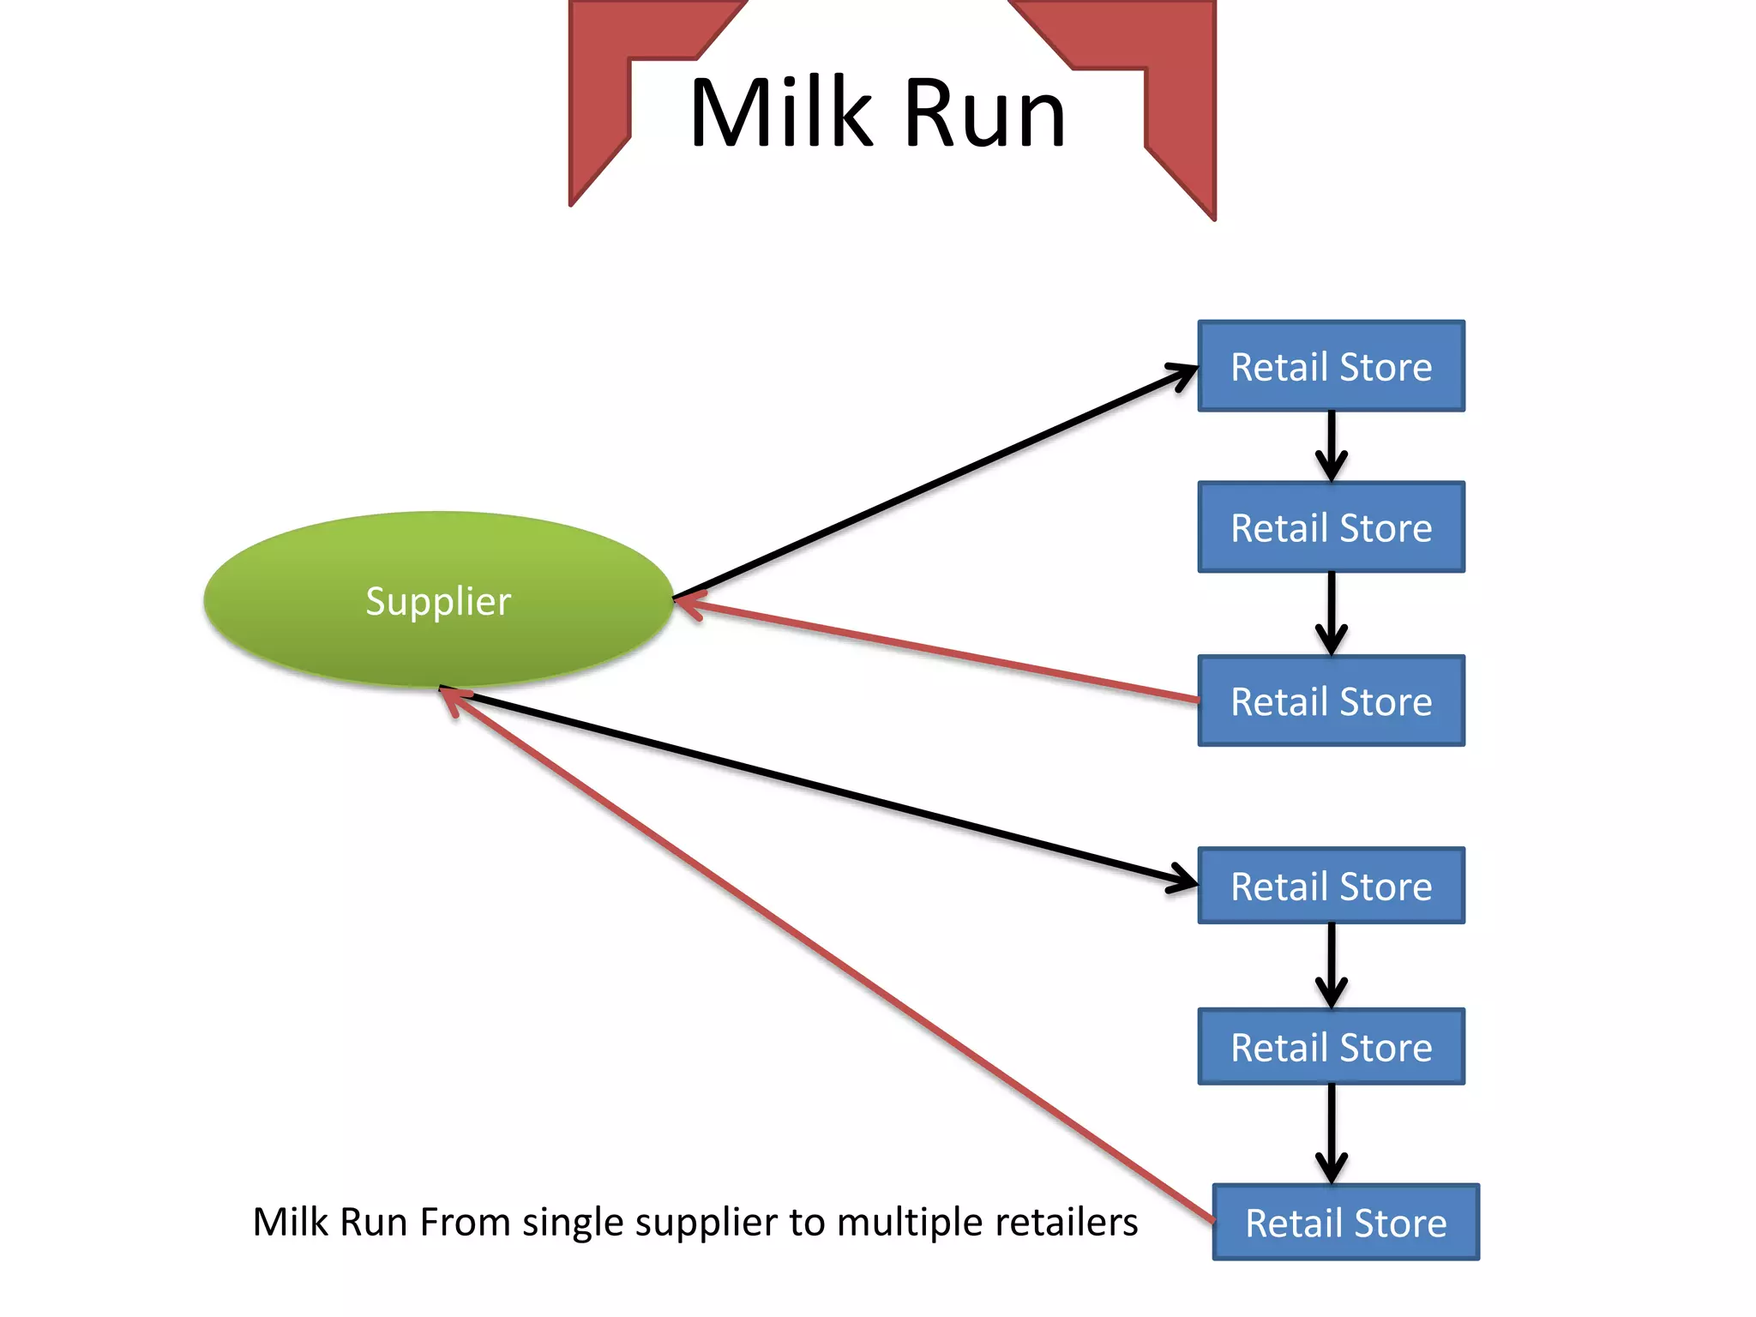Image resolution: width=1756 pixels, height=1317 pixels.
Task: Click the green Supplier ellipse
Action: pyautogui.click(x=438, y=599)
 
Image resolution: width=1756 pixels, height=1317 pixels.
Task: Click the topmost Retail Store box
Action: pyautogui.click(x=1331, y=366)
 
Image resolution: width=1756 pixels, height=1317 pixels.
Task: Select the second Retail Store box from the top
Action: pyautogui.click(x=1331, y=527)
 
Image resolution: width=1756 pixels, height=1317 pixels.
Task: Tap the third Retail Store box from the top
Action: pyautogui.click(x=1331, y=701)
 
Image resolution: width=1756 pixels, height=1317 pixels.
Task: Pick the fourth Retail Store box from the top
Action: pyautogui.click(x=1331, y=886)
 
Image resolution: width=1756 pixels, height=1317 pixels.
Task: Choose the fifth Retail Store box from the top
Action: pyautogui.click(x=1331, y=1047)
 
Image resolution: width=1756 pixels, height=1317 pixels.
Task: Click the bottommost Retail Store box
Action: pyautogui.click(x=1345, y=1222)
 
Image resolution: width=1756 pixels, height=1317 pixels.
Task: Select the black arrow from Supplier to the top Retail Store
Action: pyautogui.click(x=935, y=482)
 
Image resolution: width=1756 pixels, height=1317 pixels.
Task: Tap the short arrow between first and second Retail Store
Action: pyautogui.click(x=1331, y=446)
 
